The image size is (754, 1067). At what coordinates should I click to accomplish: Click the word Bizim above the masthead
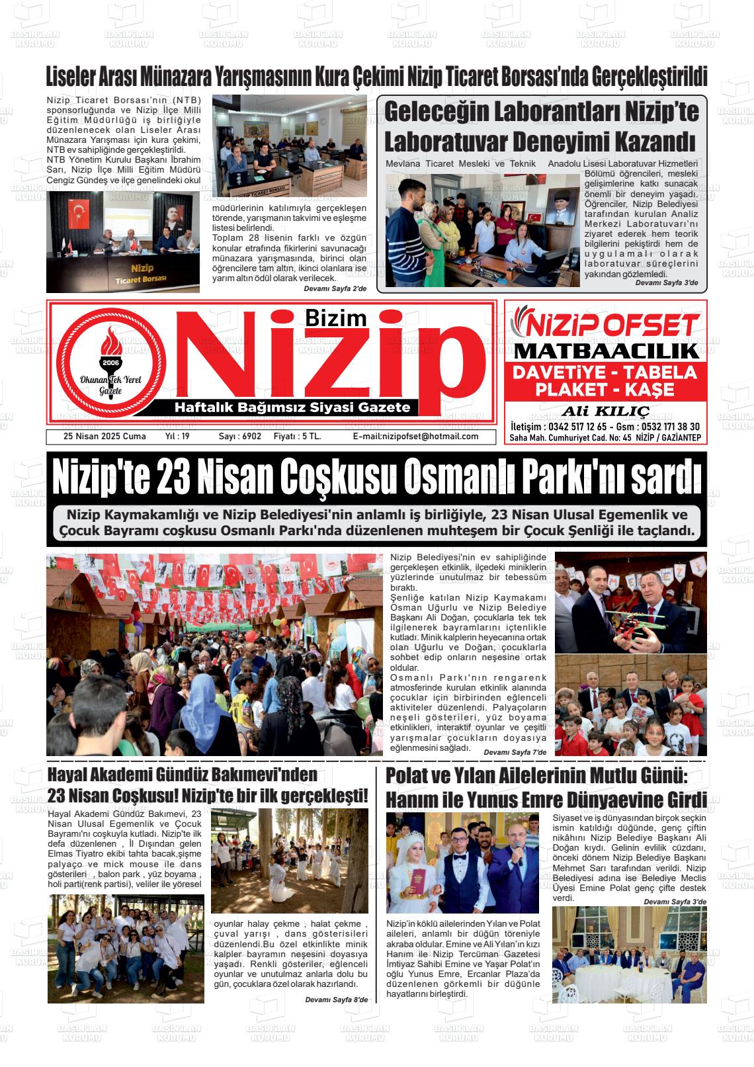pyautogui.click(x=335, y=318)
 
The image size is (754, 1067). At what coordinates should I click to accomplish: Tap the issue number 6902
pyautogui.click(x=251, y=437)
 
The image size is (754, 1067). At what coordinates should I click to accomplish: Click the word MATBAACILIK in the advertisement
pyautogui.click(x=606, y=351)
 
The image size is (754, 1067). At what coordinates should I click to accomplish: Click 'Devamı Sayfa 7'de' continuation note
pyautogui.click(x=515, y=752)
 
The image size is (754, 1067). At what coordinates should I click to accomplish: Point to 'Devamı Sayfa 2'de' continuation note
pyautogui.click(x=335, y=289)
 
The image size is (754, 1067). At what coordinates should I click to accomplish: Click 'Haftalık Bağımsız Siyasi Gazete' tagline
pyautogui.click(x=292, y=407)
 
